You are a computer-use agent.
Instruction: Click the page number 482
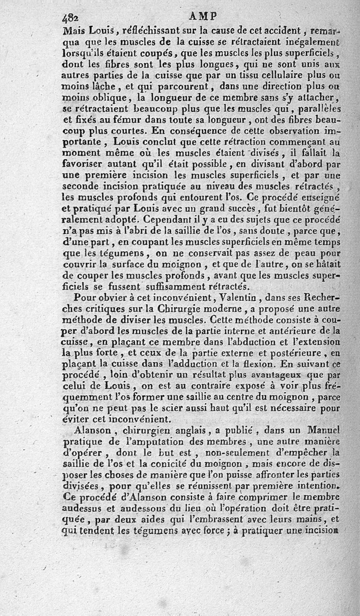[x=70, y=18]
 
